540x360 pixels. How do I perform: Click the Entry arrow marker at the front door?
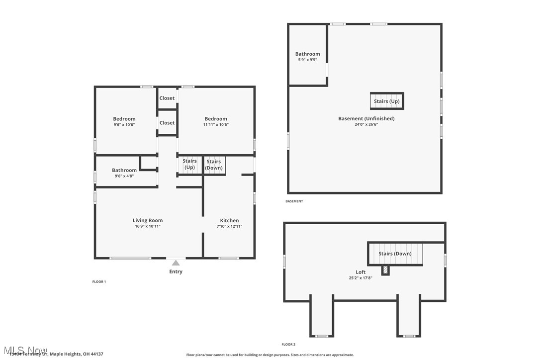point(176,263)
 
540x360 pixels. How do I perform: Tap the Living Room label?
point(148,220)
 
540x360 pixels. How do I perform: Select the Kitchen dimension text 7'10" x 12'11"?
point(229,226)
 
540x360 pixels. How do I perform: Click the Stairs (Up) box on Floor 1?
point(189,165)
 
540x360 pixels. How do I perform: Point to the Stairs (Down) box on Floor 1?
point(214,165)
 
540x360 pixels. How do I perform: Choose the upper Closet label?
point(167,98)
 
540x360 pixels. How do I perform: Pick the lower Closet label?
point(167,123)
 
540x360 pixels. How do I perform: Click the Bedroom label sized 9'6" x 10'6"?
point(124,119)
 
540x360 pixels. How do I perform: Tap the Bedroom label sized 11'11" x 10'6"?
point(216,119)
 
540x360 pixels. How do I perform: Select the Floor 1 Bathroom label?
point(124,170)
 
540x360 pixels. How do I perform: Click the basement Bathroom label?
point(308,54)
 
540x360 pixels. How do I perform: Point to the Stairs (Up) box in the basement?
point(387,101)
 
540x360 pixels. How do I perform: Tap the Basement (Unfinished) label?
point(366,118)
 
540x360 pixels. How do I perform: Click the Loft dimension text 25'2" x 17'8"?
point(360,278)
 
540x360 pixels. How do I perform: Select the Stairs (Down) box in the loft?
point(395,254)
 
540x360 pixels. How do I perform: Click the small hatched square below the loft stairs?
point(385,270)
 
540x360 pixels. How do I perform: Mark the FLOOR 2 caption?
point(288,344)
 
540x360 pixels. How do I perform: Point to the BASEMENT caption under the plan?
point(294,201)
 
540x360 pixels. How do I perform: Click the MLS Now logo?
point(24,350)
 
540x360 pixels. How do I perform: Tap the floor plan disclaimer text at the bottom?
point(270,355)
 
